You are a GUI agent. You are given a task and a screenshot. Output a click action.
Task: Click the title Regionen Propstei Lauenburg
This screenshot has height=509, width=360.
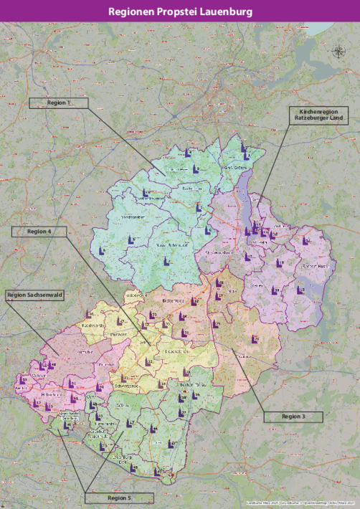tap(180, 12)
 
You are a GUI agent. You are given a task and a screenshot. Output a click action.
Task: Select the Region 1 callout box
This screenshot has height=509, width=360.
tap(59, 103)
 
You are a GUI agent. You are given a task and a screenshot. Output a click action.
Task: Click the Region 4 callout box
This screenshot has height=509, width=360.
tap(39, 232)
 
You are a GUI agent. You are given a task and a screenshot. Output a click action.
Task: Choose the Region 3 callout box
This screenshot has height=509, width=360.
tap(293, 417)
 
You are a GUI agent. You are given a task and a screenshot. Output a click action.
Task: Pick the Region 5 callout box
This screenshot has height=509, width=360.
tap(119, 497)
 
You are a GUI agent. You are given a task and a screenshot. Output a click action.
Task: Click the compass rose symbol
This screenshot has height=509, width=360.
tap(338, 51)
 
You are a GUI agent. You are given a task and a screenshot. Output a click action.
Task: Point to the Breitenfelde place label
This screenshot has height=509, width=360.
tap(174, 301)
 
